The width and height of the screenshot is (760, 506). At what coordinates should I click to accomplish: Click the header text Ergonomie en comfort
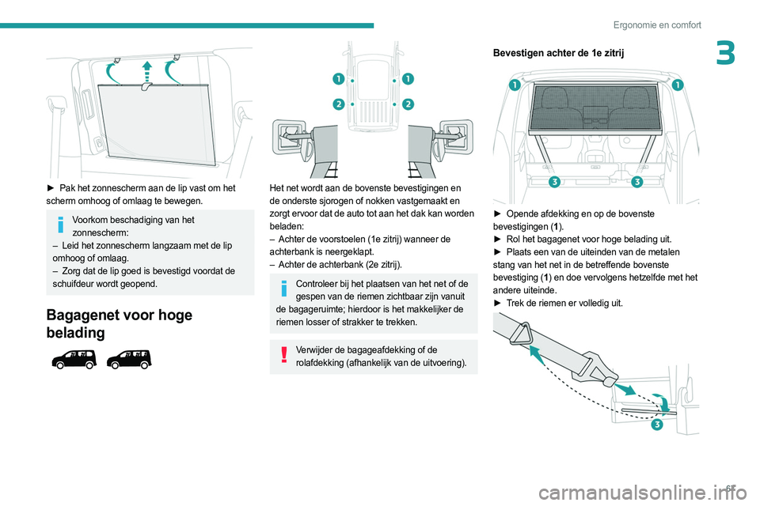(x=656, y=25)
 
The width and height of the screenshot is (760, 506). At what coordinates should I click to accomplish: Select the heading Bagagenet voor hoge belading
(x=119, y=323)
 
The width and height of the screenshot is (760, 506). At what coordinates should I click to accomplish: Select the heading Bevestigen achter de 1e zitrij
(x=558, y=53)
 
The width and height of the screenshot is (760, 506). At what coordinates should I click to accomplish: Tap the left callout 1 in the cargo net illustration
(x=515, y=85)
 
